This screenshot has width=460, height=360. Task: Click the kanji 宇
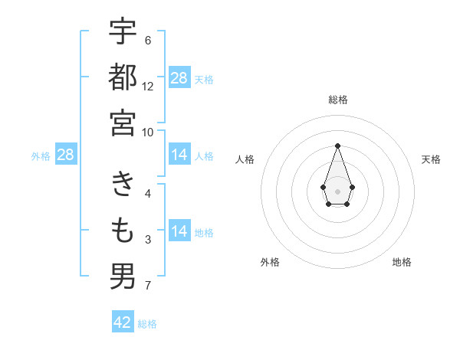pos(123,32)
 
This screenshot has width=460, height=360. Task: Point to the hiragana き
pos(123,184)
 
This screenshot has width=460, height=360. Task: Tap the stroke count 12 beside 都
pos(148,87)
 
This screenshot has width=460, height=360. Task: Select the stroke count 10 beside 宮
pos(148,132)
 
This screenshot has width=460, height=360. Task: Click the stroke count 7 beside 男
pos(148,286)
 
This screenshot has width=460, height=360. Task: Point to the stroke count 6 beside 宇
pos(148,41)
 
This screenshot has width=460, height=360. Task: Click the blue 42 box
pos(123,322)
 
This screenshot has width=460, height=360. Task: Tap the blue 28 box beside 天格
pos(179,78)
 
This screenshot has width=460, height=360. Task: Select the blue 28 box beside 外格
pos(66,155)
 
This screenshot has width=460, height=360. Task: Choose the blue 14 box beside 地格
pos(179,231)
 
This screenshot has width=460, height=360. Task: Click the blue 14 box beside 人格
pos(179,155)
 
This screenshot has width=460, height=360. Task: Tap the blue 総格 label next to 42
pos(147,324)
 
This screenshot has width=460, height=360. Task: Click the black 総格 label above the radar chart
pos(337,100)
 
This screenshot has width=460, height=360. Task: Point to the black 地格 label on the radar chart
pos(402,262)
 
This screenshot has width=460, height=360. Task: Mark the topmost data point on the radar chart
pos(337,146)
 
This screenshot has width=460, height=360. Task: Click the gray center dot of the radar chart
pos(337,190)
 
